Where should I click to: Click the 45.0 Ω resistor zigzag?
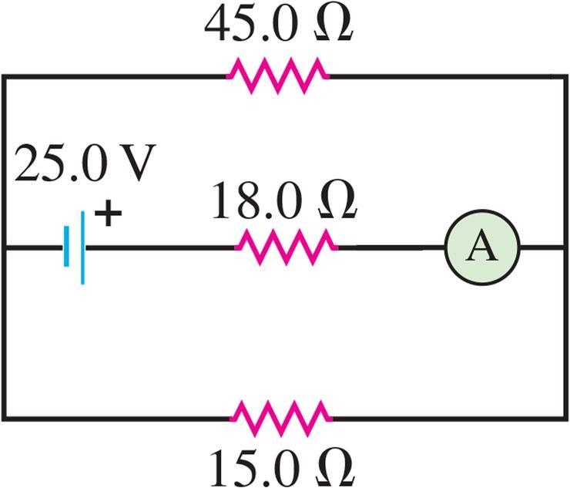tap(278, 76)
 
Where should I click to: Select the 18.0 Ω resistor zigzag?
tap(287, 247)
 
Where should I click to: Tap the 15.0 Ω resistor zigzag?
tap(281, 419)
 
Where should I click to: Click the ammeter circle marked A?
tap(482, 247)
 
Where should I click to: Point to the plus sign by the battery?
tap(108, 214)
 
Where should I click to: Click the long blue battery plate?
tap(82, 247)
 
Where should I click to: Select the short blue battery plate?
tap(66, 247)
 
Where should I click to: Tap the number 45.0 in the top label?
tap(250, 25)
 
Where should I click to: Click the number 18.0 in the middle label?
tap(257, 200)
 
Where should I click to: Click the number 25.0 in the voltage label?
tap(60, 163)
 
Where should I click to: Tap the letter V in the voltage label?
tap(136, 163)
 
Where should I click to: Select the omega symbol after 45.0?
tap(334, 25)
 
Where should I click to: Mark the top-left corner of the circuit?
tap(4, 76)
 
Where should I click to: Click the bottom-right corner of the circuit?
tap(565, 419)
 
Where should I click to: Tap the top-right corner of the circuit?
tap(565, 76)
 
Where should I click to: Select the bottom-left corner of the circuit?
tap(4, 419)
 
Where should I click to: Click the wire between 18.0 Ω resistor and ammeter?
tap(391, 247)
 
